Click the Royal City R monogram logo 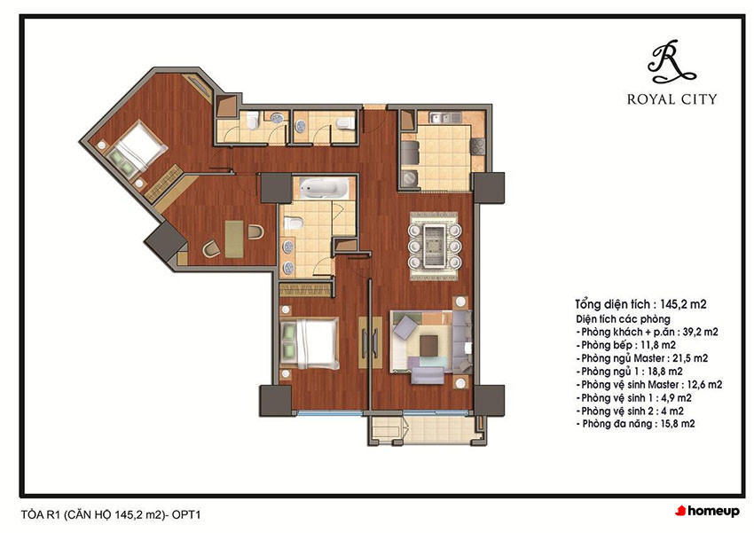tap(672, 61)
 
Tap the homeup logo tap(707, 511)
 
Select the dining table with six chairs tap(435, 247)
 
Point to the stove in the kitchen tap(478, 146)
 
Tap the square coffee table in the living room tap(429, 345)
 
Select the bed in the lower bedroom tap(310, 342)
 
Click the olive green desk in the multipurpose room tap(234, 239)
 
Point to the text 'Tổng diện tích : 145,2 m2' tap(640, 304)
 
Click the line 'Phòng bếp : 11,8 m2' tap(627, 345)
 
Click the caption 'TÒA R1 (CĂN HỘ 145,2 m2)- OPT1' tap(111, 514)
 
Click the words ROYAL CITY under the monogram tap(672, 99)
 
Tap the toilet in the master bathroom tap(293, 223)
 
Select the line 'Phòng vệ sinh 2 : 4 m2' tap(630, 411)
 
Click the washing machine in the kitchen tap(410, 178)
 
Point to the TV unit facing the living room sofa tap(370, 342)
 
